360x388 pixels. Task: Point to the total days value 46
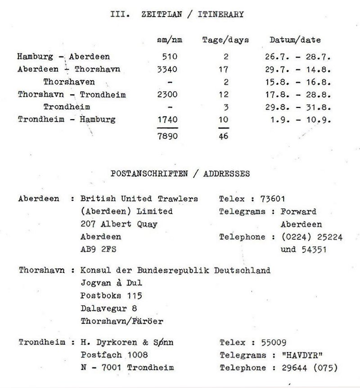223,135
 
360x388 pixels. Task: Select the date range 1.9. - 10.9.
299,120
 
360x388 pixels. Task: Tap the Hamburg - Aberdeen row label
63,57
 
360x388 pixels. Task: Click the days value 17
223,70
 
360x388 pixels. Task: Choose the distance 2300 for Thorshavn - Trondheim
167,95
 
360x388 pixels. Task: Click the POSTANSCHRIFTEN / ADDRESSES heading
180,174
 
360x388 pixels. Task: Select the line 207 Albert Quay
118,224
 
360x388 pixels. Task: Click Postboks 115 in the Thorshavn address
111,296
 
